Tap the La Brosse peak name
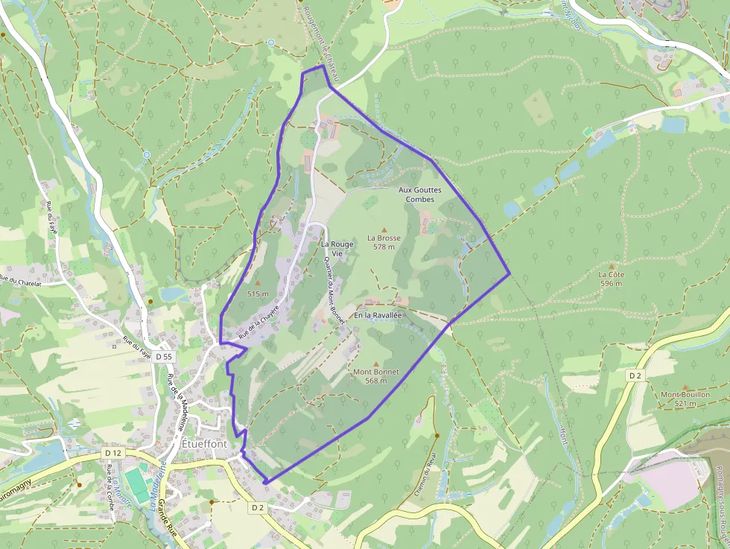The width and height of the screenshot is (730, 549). pos(384,238)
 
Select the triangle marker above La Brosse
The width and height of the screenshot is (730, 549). pos(384,229)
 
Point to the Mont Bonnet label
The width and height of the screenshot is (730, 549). pos(375,372)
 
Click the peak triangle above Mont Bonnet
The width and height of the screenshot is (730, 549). pos(375,363)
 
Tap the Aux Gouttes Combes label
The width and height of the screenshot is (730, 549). pos(420,194)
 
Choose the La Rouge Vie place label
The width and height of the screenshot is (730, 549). pos(337,248)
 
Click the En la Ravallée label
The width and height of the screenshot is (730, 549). pos(378,316)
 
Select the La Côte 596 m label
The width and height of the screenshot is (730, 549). pos(611,278)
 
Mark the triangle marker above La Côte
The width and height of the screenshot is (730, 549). pos(612,265)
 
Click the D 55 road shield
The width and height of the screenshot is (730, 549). pos(164,357)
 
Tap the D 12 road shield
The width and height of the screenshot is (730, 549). pos(113,452)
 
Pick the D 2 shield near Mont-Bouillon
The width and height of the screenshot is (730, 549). pos(635,376)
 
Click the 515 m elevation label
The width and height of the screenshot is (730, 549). pos(257,293)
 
